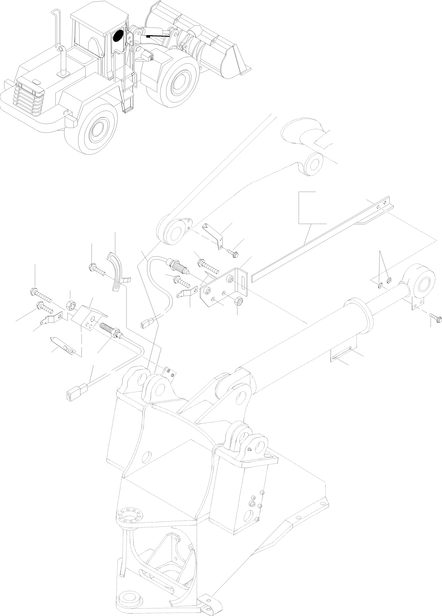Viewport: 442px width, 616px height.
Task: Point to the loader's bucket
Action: click(201, 41)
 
